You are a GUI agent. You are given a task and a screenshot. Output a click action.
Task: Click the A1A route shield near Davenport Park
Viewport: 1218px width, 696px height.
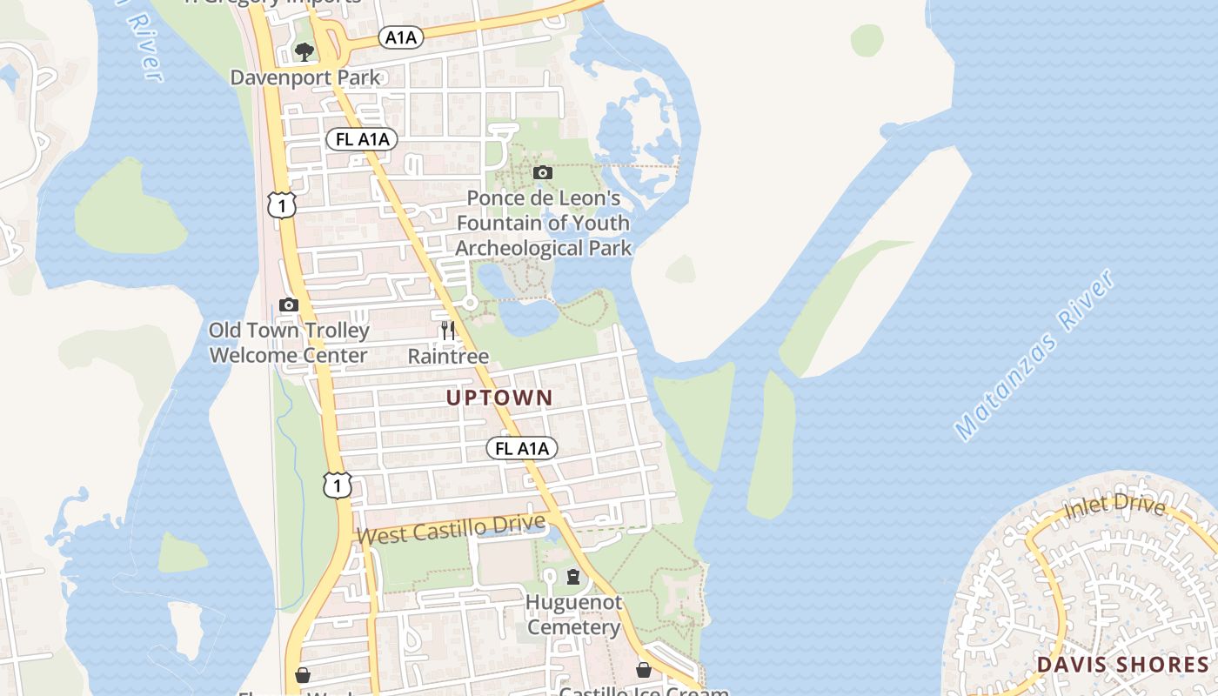[401, 37]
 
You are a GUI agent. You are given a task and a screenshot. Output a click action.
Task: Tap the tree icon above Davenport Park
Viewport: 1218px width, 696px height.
[304, 52]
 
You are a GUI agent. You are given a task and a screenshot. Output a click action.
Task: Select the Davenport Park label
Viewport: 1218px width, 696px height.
[305, 77]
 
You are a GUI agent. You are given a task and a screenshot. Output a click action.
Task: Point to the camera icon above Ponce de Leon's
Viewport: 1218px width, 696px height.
[543, 172]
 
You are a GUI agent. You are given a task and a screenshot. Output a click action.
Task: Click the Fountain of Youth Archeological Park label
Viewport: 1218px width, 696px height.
[543, 224]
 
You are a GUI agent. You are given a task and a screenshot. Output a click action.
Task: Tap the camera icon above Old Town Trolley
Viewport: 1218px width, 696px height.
[289, 304]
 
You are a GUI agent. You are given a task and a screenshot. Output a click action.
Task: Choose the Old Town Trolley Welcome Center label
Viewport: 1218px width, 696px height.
[289, 343]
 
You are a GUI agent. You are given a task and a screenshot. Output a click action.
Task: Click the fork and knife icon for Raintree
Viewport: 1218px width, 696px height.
[448, 331]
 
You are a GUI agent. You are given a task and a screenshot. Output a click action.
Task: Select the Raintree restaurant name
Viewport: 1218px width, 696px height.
[448, 356]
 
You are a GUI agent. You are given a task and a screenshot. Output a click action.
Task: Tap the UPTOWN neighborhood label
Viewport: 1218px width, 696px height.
[499, 398]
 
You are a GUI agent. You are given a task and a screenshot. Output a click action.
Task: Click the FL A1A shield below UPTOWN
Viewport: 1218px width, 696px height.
[521, 448]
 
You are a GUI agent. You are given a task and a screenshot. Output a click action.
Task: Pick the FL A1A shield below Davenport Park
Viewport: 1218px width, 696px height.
[361, 139]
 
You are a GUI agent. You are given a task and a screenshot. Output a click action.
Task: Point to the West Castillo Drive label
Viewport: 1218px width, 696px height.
[451, 529]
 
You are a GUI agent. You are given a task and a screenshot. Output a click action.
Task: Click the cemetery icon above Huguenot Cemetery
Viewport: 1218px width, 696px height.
[573, 576]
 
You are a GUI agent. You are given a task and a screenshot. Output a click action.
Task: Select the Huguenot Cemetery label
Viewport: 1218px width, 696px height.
[573, 614]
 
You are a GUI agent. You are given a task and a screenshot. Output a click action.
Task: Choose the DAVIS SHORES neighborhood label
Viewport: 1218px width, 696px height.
[1122, 666]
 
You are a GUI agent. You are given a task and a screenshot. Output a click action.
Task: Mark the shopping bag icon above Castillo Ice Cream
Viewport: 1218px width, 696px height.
[644, 670]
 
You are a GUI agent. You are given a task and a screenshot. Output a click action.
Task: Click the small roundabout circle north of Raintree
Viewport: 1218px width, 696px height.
[470, 303]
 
